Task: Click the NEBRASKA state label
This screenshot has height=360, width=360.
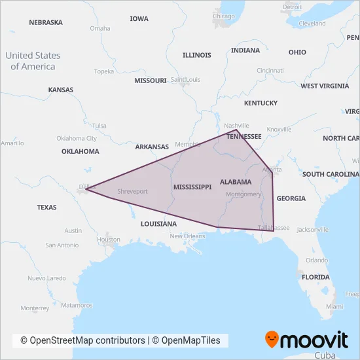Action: tap(46, 22)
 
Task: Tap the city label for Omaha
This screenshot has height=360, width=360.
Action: tap(99, 28)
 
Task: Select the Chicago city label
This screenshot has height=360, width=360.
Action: tap(224, 16)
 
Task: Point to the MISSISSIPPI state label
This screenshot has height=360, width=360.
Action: tap(192, 187)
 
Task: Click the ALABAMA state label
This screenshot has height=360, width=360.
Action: tap(236, 181)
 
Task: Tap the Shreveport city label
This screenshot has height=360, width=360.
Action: tap(132, 191)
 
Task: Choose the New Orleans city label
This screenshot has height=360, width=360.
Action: tap(188, 236)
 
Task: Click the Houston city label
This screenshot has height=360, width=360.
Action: tap(108, 240)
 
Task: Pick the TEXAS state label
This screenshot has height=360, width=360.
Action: tap(46, 207)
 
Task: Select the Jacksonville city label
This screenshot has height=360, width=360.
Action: tap(312, 230)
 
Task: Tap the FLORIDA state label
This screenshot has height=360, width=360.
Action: tap(315, 277)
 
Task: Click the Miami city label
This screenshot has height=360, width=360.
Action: tap(334, 306)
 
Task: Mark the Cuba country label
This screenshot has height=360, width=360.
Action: tap(324, 354)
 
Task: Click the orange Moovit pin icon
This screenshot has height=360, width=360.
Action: tap(271, 340)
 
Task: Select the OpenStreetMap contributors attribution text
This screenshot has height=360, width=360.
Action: tap(82, 340)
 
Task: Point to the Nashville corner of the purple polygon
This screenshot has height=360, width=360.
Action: tap(236, 130)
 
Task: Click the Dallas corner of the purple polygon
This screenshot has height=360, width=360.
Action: tap(86, 189)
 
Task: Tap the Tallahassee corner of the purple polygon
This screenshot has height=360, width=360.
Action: tap(274, 230)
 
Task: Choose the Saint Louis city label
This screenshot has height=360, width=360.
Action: tap(185, 80)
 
